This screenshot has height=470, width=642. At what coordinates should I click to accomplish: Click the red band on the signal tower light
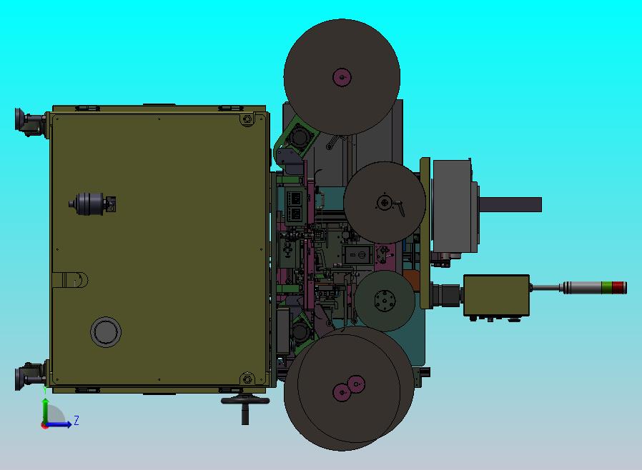pyautogui.click(x=619, y=288)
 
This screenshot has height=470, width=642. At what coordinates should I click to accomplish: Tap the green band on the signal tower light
pyautogui.click(x=607, y=288)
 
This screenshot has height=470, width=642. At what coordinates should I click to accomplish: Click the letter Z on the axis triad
pyautogui.click(x=76, y=420)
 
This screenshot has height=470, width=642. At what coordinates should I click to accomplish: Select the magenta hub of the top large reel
pyautogui.click(x=342, y=77)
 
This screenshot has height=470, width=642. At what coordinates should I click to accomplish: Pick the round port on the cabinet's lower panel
pyautogui.click(x=106, y=331)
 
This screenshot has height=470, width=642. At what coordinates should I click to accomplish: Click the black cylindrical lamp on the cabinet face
pyautogui.click(x=92, y=204)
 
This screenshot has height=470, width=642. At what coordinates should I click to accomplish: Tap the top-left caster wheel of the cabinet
pyautogui.click(x=28, y=121)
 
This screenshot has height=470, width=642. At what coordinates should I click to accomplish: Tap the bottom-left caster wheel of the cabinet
pyautogui.click(x=28, y=376)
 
